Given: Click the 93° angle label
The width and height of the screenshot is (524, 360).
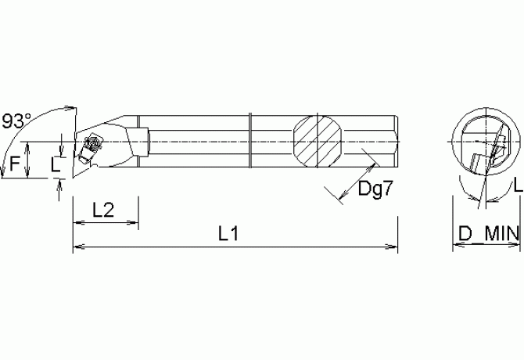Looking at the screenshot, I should (16, 121).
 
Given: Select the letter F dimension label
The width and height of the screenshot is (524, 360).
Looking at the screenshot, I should (14, 164).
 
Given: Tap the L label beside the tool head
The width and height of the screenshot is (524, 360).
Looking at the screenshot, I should (53, 164).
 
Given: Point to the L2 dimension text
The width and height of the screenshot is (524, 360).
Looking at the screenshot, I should (104, 210).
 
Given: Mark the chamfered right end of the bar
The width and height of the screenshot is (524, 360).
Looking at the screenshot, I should (397, 141).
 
